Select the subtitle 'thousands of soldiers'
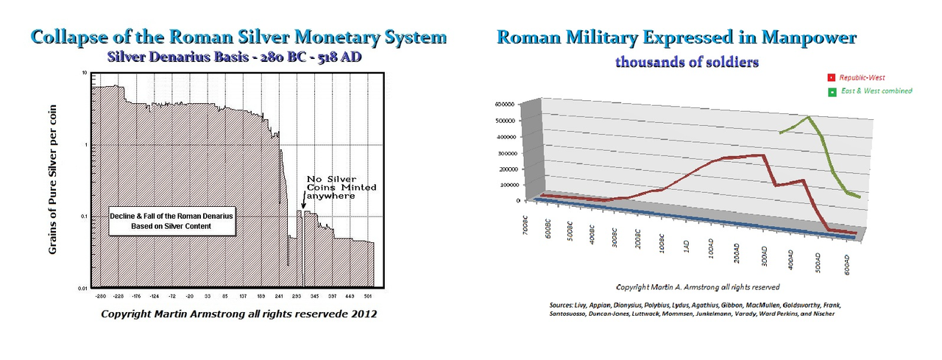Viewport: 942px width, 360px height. click(687, 62)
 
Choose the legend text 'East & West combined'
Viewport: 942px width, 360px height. click(877, 91)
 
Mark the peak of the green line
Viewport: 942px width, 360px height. click(809, 116)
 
